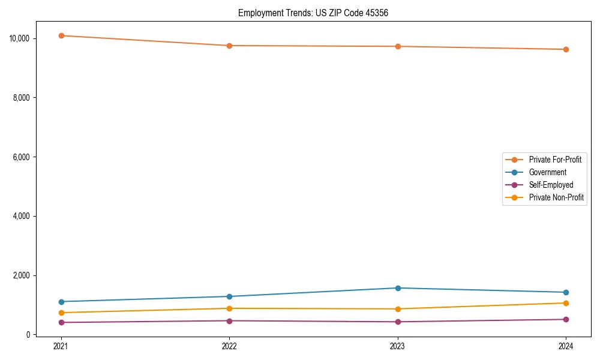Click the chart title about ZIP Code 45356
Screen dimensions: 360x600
click(x=313, y=13)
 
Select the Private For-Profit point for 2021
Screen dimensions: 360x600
click(x=61, y=35)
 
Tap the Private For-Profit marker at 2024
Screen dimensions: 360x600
click(x=566, y=49)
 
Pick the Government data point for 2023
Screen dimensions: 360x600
click(x=398, y=288)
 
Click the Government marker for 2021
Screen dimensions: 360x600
click(x=61, y=302)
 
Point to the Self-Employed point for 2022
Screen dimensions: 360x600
click(x=229, y=320)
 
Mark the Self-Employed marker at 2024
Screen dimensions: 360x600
click(x=566, y=319)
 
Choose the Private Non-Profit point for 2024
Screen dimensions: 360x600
click(x=566, y=303)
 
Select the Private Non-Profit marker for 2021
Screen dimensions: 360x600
click(x=61, y=313)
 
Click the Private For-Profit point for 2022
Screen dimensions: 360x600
click(x=229, y=46)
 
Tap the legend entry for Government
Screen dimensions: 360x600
click(x=547, y=172)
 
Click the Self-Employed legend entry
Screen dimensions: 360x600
click(x=551, y=185)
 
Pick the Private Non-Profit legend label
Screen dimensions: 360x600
click(x=556, y=197)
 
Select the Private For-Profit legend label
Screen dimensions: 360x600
click(x=555, y=160)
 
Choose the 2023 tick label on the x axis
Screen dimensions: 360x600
click(x=398, y=346)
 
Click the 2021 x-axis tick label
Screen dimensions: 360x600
click(x=61, y=346)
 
